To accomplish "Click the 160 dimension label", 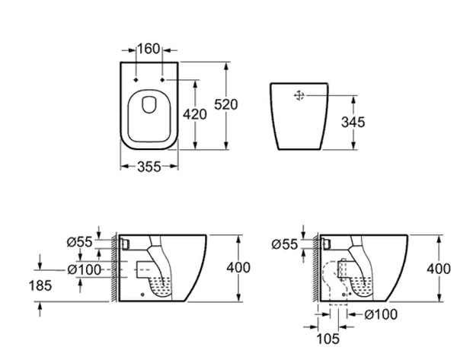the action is point(149,49).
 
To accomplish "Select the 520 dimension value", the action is point(226,104).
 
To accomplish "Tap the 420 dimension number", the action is point(195,114).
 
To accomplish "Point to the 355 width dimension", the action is point(149,167).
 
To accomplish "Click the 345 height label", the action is point(353,122).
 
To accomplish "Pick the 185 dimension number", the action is point(40,285).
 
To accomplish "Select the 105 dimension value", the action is point(328,339).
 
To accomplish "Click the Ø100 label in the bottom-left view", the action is point(85,269).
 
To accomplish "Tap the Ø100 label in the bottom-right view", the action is point(381,314).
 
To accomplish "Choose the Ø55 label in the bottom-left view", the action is point(79,242).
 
